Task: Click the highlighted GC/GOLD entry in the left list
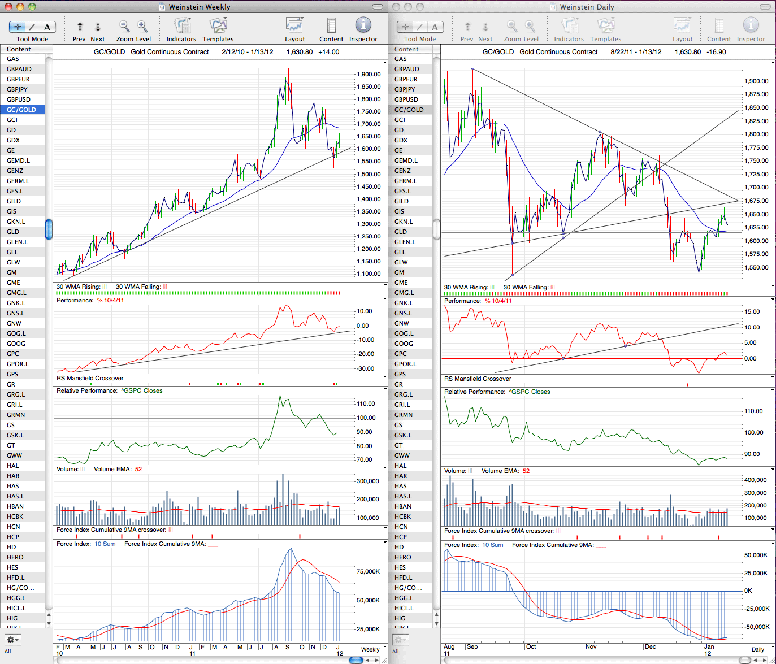[x=21, y=110]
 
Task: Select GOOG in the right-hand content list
[x=404, y=344]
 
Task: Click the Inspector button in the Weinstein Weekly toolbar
[x=363, y=29]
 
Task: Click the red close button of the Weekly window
[x=8, y=7]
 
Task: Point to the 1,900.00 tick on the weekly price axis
[x=369, y=75]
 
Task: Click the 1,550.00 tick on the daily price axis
[x=756, y=268]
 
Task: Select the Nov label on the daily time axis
[x=591, y=646]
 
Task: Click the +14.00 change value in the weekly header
[x=328, y=52]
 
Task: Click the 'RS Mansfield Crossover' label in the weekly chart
[x=90, y=379]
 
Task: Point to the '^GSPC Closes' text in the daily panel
[x=530, y=392]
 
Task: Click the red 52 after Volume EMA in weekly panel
[x=138, y=469]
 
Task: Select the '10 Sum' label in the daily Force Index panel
[x=492, y=545]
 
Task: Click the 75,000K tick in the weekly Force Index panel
[x=368, y=571]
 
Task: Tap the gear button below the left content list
[x=12, y=640]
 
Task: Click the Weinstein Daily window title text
[x=587, y=7]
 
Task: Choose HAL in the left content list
[x=12, y=466]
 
